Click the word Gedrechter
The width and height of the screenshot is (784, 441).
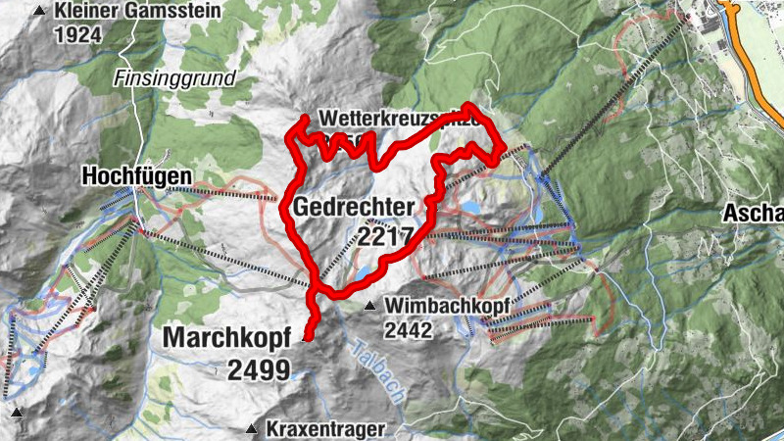352,207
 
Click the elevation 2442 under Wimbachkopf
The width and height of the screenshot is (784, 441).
408,330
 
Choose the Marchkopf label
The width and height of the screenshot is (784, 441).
227,337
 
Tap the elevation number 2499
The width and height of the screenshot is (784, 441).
259,369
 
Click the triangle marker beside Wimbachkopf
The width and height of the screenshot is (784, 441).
370,307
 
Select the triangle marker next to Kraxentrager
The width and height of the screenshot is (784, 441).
252,428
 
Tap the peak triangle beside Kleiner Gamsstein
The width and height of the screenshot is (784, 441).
38,11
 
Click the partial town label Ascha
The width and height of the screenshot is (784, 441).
754,214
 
